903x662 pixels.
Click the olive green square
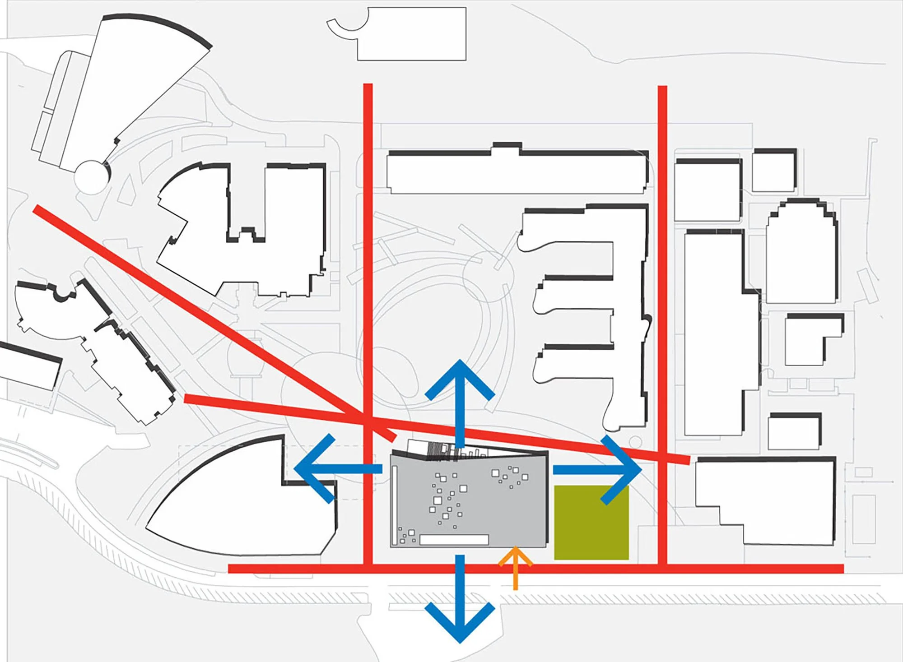tap(591, 523)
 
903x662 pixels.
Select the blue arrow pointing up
tap(460, 397)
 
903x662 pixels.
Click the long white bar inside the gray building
tap(454, 539)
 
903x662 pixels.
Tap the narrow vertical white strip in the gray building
tap(395, 505)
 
